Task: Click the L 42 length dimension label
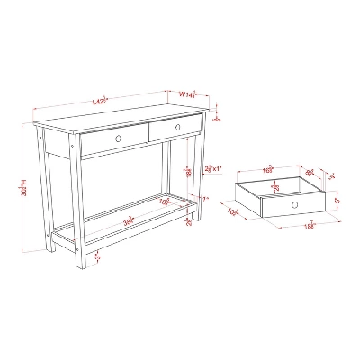click(x=100, y=102)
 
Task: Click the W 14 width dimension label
click(x=187, y=94)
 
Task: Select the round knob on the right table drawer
click(x=177, y=128)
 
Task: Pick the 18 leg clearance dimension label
click(x=187, y=171)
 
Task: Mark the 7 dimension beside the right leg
click(x=204, y=199)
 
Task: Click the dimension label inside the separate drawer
click(x=275, y=187)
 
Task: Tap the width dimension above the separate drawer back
click(x=268, y=167)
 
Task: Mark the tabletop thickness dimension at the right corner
click(x=218, y=114)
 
